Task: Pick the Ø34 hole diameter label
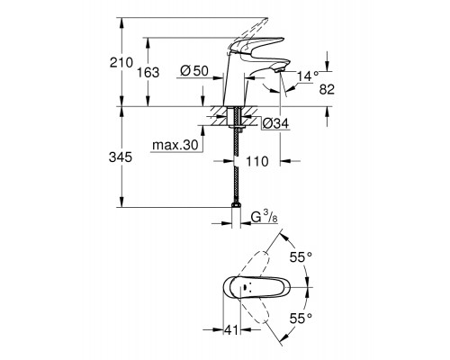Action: tap(274, 124)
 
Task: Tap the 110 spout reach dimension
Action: tap(260, 163)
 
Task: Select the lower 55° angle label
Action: tap(302, 318)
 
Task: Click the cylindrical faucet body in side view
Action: tap(236, 85)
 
